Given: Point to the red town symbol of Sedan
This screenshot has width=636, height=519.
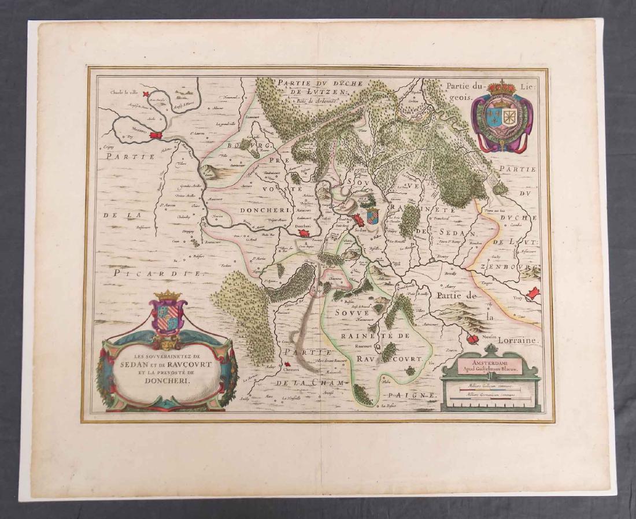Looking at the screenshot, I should [359, 220].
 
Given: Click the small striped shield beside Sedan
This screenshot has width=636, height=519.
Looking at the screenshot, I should [372, 216].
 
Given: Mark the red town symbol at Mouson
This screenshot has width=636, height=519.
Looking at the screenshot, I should [474, 339].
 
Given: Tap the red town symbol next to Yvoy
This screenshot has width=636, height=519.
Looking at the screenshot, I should [534, 293].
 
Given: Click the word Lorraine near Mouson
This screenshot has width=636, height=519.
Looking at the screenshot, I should [515, 342].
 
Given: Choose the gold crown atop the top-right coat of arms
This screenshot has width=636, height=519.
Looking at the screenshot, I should [501, 89].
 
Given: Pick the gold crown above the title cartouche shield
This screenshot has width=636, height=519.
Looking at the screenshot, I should [168, 295].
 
